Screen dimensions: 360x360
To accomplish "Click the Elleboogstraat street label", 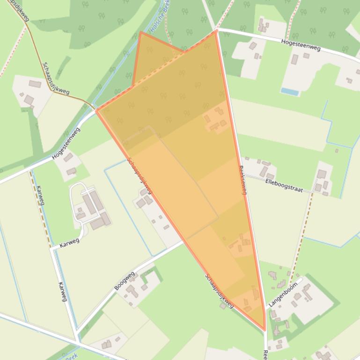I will pos(283,186).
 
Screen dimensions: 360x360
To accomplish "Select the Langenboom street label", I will pos(283,293).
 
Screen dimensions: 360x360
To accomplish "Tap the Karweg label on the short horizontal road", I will pos(69,242).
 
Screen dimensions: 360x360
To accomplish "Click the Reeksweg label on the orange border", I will pos(243,180).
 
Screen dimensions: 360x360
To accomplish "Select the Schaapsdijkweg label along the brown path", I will pos(55,78).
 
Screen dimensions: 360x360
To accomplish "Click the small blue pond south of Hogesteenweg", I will pos(290,91).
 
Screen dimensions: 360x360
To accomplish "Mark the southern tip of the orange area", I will pos(264,330).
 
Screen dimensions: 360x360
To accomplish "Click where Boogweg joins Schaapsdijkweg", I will pos(184,241).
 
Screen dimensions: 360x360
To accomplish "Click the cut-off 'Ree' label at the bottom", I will pos(265,353).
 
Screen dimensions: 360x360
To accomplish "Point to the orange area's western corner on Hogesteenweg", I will pos(97,110).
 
